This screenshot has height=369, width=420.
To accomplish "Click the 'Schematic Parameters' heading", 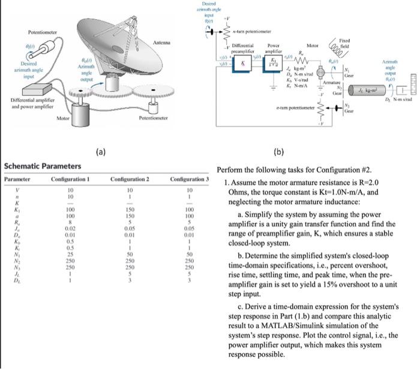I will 43,166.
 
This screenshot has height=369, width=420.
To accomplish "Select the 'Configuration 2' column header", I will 130,179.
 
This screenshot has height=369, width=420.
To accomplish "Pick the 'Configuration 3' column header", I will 189,179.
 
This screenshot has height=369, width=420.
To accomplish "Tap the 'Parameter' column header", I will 17,179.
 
